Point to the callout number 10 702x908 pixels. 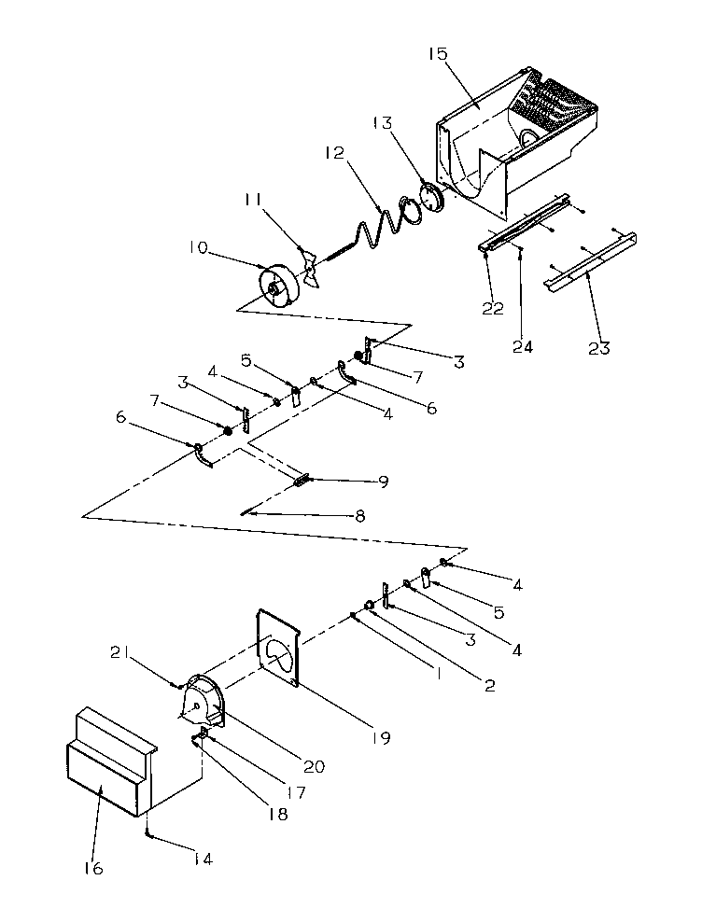point(199,248)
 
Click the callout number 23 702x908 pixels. point(598,348)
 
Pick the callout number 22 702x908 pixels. point(493,310)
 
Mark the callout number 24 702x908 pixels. point(523,346)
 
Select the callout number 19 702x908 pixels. point(380,737)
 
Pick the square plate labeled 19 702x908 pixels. point(277,649)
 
